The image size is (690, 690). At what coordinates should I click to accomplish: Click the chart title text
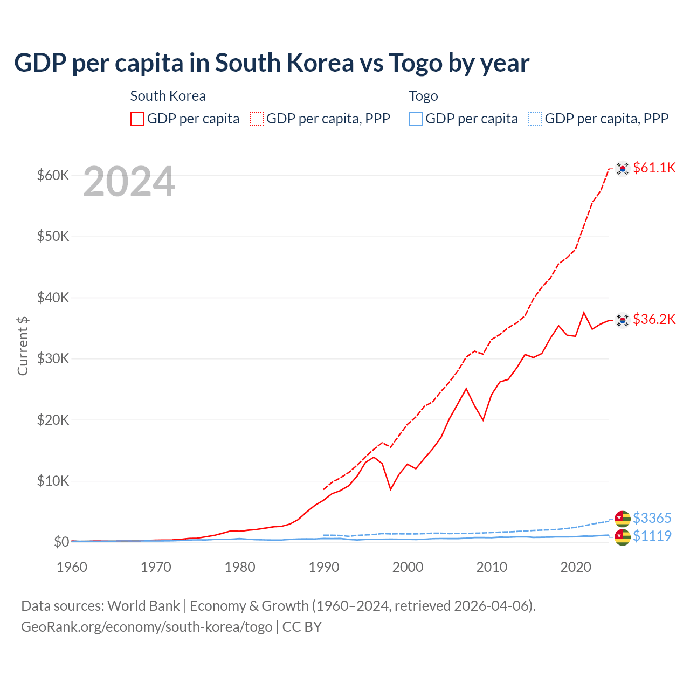pos(272,63)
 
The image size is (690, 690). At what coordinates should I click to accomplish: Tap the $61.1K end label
pos(654,168)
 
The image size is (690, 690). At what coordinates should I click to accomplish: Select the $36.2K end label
pos(654,319)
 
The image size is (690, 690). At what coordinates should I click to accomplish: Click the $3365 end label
pos(652,518)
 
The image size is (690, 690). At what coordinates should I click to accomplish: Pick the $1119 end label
pos(652,536)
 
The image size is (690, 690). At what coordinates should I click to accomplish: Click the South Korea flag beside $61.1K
pos(623,169)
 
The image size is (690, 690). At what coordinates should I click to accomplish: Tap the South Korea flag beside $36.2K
pos(623,320)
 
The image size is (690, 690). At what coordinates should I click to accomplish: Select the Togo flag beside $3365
pos(623,519)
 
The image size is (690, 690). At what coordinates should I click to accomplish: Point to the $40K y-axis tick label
pos(53,298)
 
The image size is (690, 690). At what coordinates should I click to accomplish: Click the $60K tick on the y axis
pos(53,175)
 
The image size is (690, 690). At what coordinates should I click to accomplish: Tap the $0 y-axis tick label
pos(61,542)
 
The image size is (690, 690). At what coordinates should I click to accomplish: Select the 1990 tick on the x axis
pos(324,567)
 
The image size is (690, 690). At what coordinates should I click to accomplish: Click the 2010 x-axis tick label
pos(492,567)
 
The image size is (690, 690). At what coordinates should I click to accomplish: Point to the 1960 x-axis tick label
pos(72,567)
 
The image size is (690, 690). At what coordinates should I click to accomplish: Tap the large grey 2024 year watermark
pos(129,182)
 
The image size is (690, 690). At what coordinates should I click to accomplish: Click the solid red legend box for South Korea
pos(137,119)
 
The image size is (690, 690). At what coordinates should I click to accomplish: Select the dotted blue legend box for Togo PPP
pos(535,119)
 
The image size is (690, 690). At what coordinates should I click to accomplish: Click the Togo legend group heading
pos(423,96)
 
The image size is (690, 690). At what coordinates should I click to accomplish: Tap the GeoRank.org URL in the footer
pos(147,627)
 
